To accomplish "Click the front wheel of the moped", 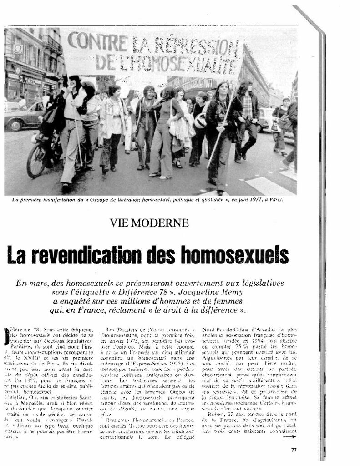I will pos(36,162).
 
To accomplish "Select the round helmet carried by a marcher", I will pos(201,121).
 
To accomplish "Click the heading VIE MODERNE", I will pos(149,223).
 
